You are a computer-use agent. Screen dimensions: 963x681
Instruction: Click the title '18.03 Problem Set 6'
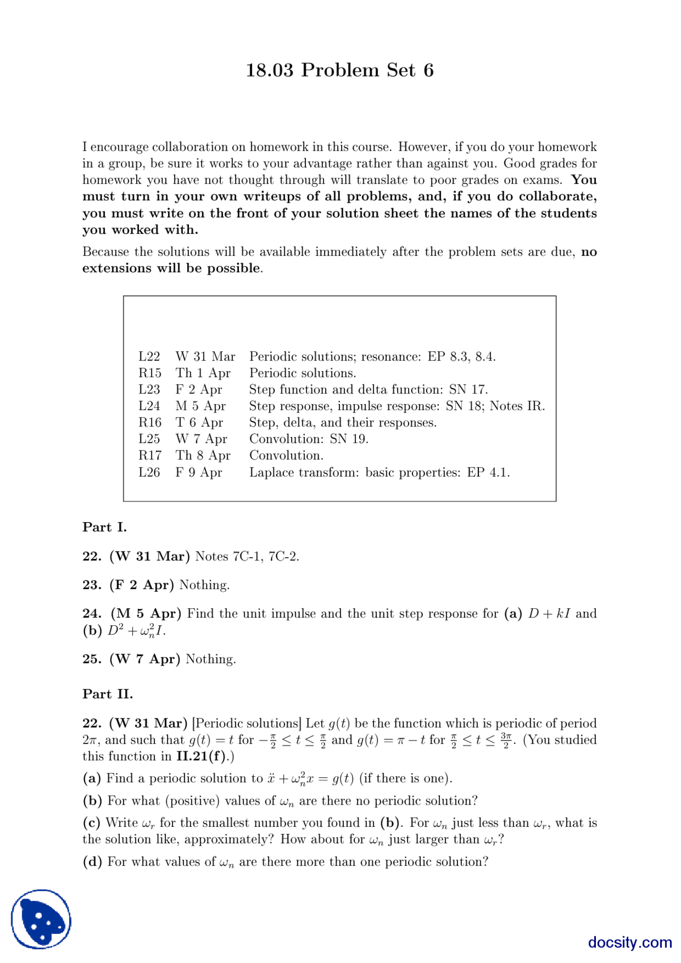pos(339,70)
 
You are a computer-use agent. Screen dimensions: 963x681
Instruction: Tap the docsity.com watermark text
pos(629,942)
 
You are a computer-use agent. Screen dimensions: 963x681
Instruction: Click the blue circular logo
pos(41,919)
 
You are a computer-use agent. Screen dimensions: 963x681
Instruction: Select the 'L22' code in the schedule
pos(149,357)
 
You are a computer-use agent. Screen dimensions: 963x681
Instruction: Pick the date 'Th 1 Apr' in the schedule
pos(203,373)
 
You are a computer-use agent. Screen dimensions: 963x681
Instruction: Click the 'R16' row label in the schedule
pos(150,423)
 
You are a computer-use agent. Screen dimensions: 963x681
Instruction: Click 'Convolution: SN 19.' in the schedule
pos(309,439)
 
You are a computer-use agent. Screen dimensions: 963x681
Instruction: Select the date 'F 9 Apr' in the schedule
pos(198,472)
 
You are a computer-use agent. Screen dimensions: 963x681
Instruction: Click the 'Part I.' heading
pos(104,527)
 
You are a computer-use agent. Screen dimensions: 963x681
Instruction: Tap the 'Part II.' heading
pos(107,694)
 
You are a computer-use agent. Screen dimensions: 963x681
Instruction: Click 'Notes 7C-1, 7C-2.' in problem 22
pos(247,557)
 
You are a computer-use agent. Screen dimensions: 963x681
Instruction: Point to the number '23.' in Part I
pos(92,585)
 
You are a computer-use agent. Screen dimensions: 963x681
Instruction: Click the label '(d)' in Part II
pos(92,862)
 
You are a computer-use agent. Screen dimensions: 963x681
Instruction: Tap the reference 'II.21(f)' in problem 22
pos(201,757)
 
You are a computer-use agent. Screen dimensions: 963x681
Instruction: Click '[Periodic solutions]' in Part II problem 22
pos(246,724)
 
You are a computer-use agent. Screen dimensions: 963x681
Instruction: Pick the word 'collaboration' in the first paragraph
pos(190,147)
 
